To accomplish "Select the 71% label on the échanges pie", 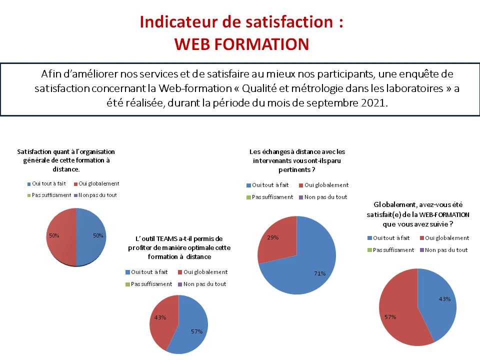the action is click(319, 273).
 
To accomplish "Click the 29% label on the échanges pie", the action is click(273, 237).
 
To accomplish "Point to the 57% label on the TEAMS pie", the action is click(197, 331).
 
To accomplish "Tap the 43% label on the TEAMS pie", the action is click(160, 318).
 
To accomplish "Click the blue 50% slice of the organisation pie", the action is click(91, 237).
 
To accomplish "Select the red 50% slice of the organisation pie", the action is click(61, 237).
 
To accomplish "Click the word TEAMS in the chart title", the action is click(165, 239).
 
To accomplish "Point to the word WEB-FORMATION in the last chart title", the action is click(444, 214).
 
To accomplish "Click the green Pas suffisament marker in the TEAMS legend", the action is click(127, 284).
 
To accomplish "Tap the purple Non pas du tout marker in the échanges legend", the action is click(301, 197).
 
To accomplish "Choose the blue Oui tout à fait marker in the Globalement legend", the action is click(369, 238).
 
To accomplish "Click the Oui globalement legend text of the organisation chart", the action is click(99, 183).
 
